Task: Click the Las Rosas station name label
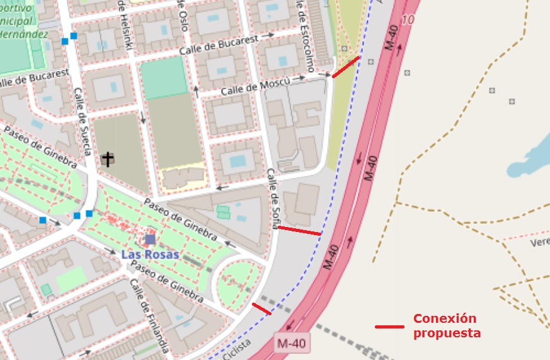tap(149, 255)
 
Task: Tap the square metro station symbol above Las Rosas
tap(150, 240)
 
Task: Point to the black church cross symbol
tap(108, 159)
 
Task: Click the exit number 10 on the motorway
tap(408, 20)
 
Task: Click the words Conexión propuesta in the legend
tap(447, 325)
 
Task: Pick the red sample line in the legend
tap(389, 327)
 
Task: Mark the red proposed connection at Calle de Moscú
tap(346, 67)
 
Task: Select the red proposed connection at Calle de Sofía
tap(299, 231)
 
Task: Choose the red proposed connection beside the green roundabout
tap(261, 309)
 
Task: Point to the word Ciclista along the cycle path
tap(236, 347)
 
